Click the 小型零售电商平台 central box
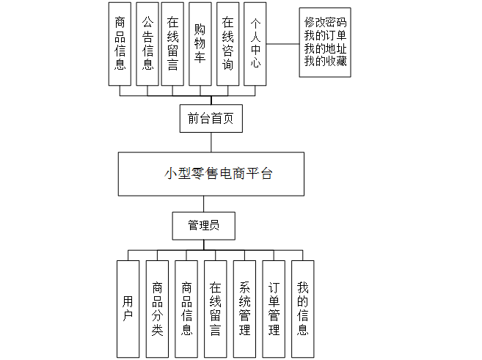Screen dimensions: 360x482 (211, 174)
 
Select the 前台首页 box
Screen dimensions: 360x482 (211, 119)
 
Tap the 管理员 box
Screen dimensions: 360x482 (204, 226)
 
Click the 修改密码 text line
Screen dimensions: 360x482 (325, 23)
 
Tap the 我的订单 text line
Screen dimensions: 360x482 (325, 35)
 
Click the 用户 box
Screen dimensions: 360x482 (128, 308)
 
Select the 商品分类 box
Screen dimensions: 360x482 (157, 308)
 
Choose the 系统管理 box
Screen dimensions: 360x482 (244, 308)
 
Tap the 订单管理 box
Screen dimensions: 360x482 (274, 308)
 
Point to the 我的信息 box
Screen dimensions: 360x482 (302, 308)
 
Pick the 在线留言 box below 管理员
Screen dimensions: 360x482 (215, 308)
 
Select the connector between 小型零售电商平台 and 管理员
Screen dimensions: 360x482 (205, 204)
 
